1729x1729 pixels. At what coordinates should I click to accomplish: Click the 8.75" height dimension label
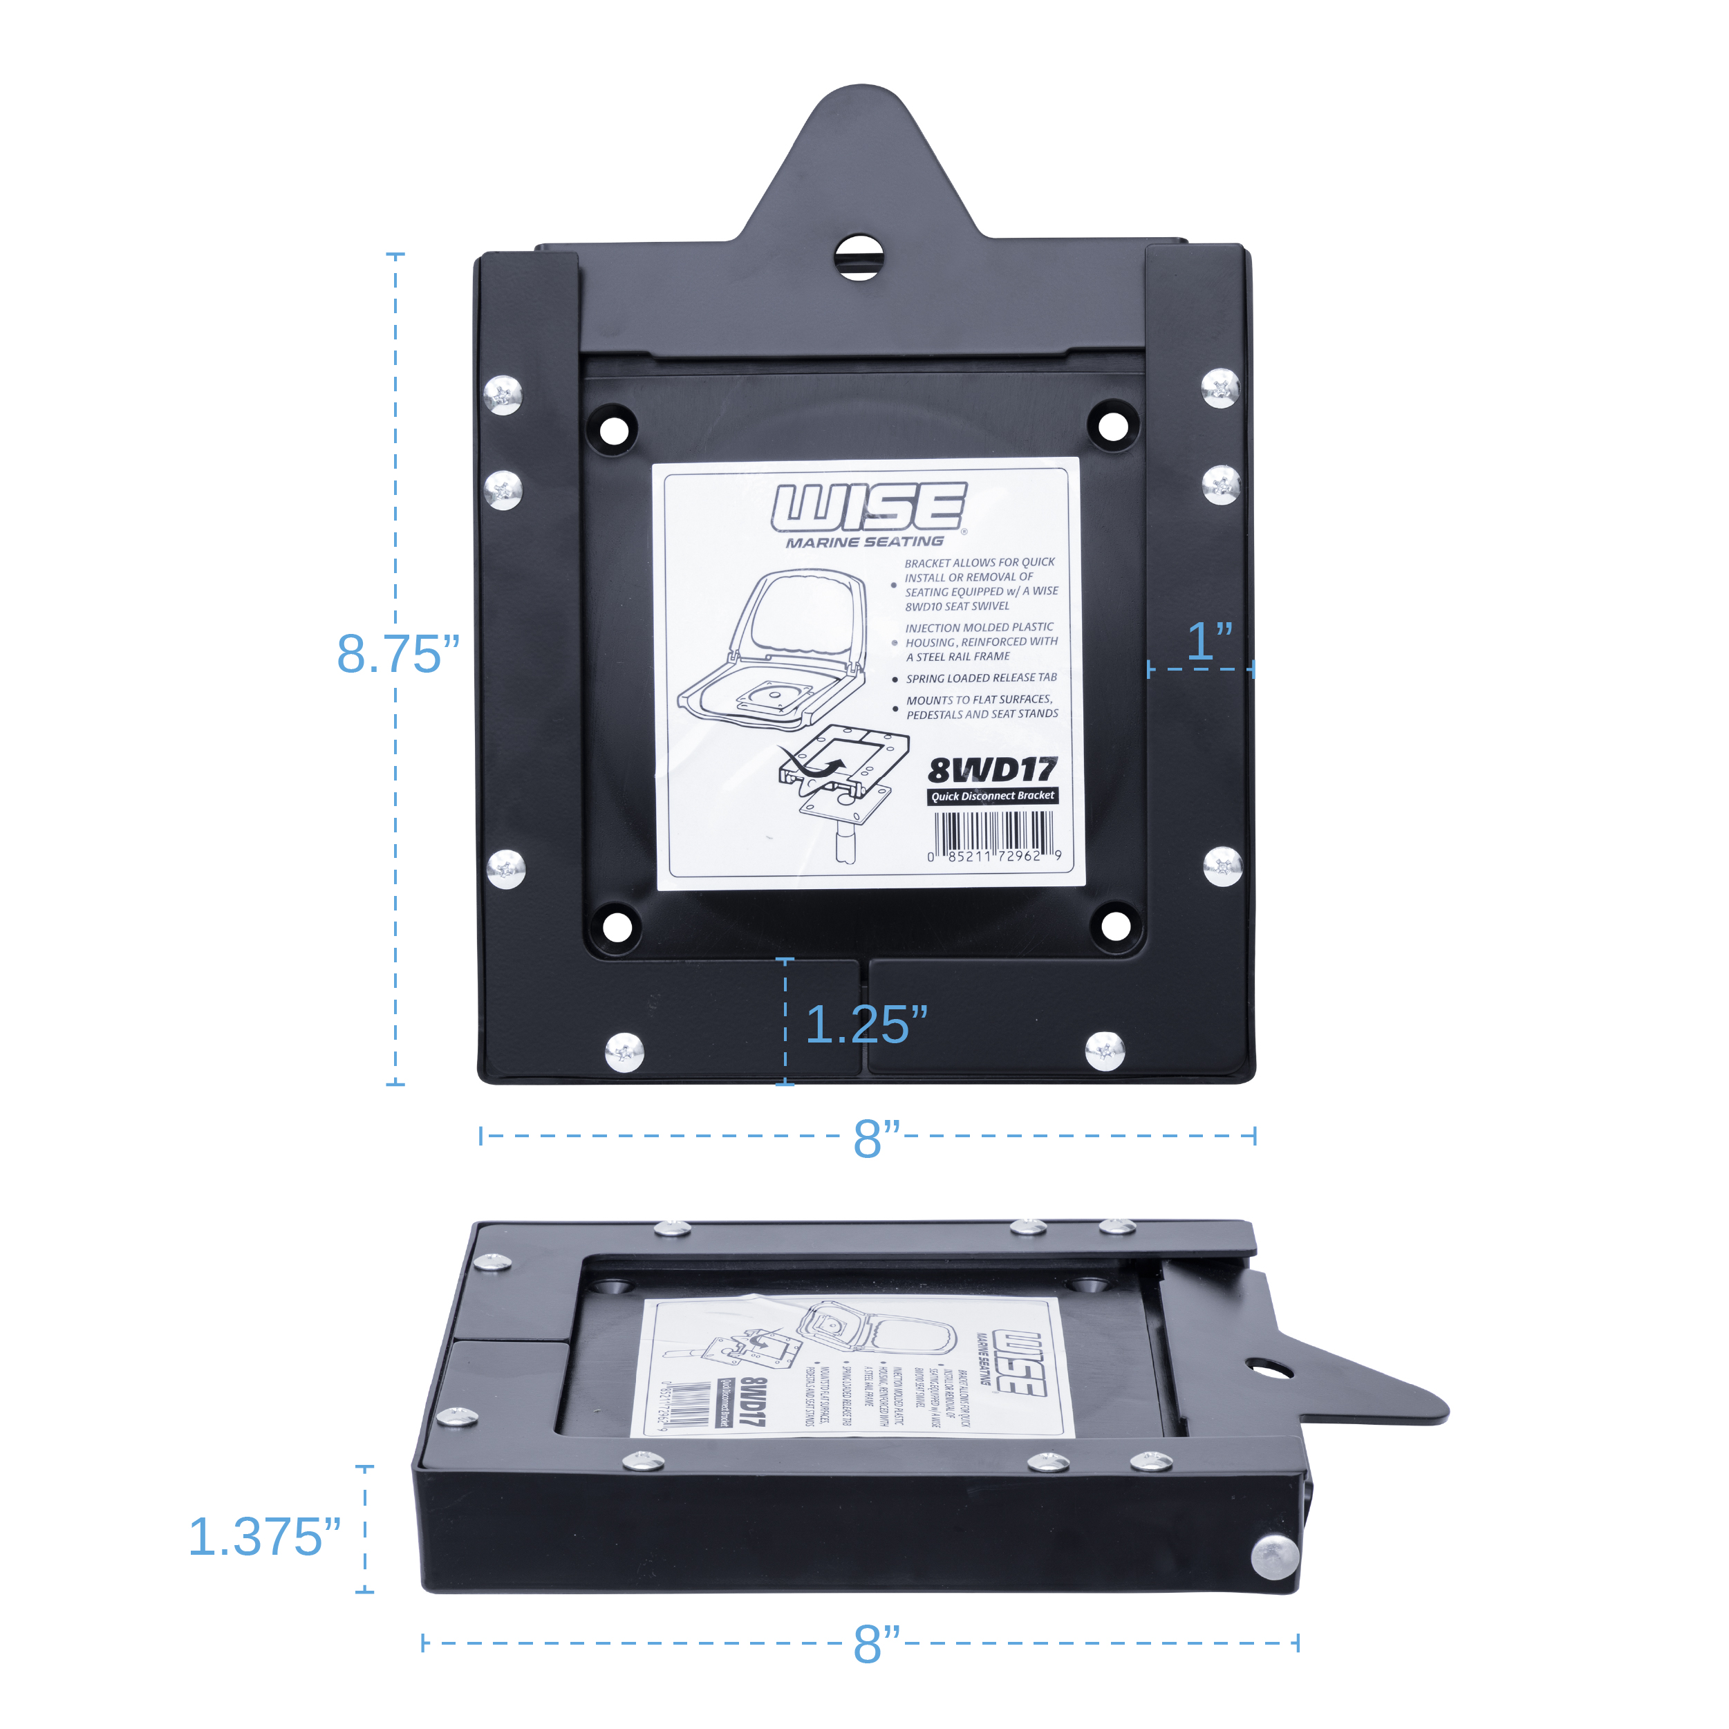[x=398, y=654]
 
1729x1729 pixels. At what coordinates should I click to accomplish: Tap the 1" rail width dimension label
[x=1209, y=642]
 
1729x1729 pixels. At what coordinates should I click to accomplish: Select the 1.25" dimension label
[x=866, y=1024]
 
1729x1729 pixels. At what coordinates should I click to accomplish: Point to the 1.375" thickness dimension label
[x=265, y=1537]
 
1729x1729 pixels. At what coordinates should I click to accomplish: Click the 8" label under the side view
[x=876, y=1644]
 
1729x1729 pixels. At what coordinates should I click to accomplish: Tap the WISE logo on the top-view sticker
[x=869, y=507]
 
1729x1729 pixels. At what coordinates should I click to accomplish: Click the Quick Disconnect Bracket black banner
[x=993, y=796]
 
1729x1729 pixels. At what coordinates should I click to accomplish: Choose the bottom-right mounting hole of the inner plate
[x=1115, y=926]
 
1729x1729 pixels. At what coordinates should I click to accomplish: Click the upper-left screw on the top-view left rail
[x=503, y=395]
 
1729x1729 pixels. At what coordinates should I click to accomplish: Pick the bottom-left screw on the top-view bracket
[x=625, y=1052]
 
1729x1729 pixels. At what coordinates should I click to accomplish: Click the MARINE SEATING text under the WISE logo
[x=864, y=542]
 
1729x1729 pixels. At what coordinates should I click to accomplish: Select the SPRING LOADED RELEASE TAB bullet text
[x=981, y=678]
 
